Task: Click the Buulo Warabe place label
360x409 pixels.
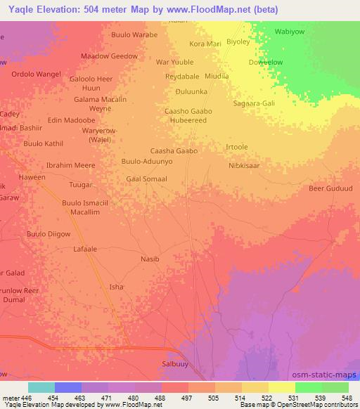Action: pos(134,34)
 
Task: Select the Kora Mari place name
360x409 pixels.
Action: pos(205,44)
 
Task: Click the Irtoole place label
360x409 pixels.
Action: pos(236,147)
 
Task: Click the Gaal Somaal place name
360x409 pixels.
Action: pos(146,179)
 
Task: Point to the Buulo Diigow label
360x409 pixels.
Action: pos(49,234)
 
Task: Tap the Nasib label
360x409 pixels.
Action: pos(150,259)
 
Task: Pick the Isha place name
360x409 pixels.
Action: pos(116,287)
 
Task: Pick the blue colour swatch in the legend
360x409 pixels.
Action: pos(68,387)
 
